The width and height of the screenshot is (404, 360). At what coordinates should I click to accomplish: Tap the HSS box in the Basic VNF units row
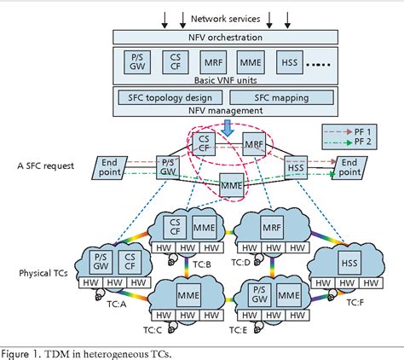coord(290,63)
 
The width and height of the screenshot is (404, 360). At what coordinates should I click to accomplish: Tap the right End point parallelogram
coord(349,167)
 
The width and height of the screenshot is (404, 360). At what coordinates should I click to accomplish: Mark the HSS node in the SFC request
coord(295,167)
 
